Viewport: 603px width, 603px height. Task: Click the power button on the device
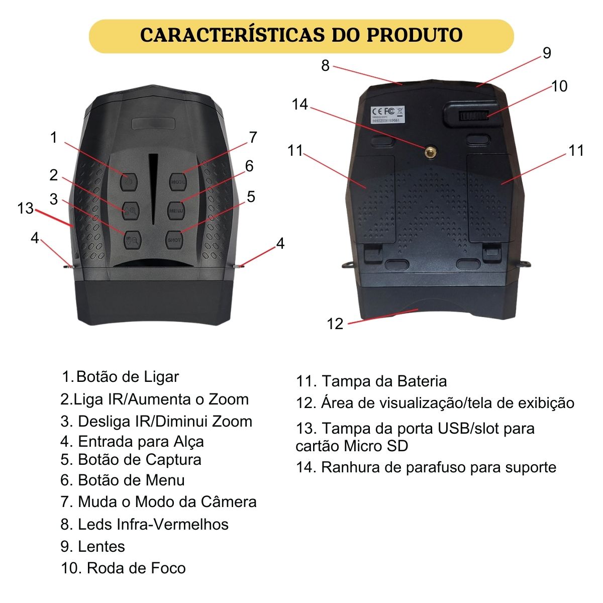pos(129,181)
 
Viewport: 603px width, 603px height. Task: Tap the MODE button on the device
pos(178,181)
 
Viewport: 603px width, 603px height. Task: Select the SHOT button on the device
pos(174,240)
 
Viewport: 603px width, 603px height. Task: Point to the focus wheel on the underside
pos(474,116)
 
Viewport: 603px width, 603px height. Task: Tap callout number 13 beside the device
pos(25,208)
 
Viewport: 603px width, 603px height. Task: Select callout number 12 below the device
pos(335,324)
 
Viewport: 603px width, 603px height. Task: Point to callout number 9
pos(547,53)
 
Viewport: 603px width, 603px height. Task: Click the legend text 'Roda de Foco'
pos(137,568)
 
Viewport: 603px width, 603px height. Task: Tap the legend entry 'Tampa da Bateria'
pos(384,381)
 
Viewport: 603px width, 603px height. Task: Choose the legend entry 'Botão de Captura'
pos(140,460)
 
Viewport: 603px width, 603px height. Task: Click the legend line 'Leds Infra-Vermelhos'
pos(153,524)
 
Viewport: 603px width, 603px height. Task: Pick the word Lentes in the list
pos(102,546)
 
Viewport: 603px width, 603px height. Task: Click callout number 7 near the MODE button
pos(253,137)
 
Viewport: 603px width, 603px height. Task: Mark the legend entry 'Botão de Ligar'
pos(128,376)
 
